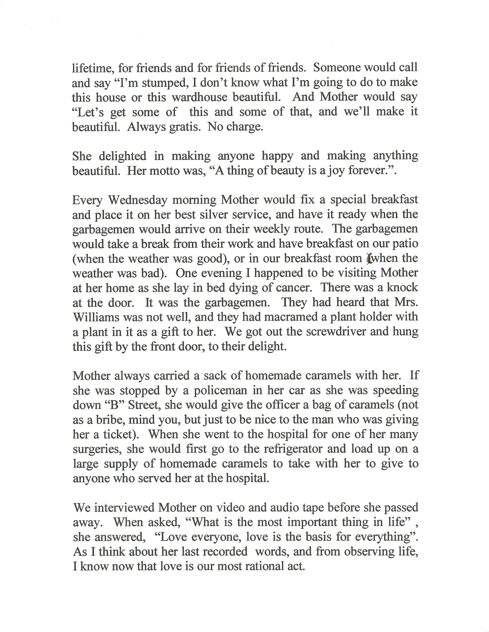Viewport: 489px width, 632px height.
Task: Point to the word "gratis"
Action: pos(184,127)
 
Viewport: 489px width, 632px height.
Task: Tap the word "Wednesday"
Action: pos(138,200)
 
